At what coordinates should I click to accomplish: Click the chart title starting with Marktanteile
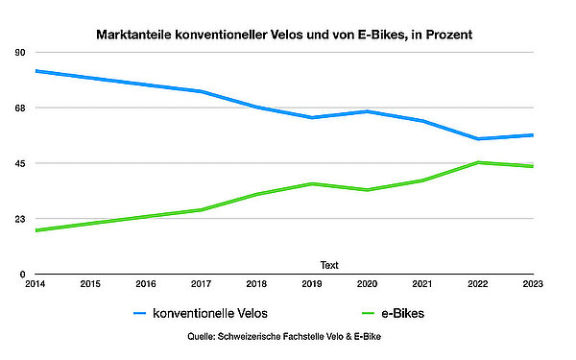click(284, 35)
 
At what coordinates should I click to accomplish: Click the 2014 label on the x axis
click(36, 284)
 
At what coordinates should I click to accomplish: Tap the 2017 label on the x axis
click(201, 284)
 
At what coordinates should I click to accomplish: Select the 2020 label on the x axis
click(366, 284)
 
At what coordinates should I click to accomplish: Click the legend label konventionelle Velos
click(210, 313)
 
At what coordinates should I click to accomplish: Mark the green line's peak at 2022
click(477, 162)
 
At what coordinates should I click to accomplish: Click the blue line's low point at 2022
click(477, 139)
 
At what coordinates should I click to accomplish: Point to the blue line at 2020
click(366, 111)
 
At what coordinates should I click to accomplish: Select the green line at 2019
click(311, 183)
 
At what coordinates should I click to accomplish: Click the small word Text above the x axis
click(329, 265)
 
